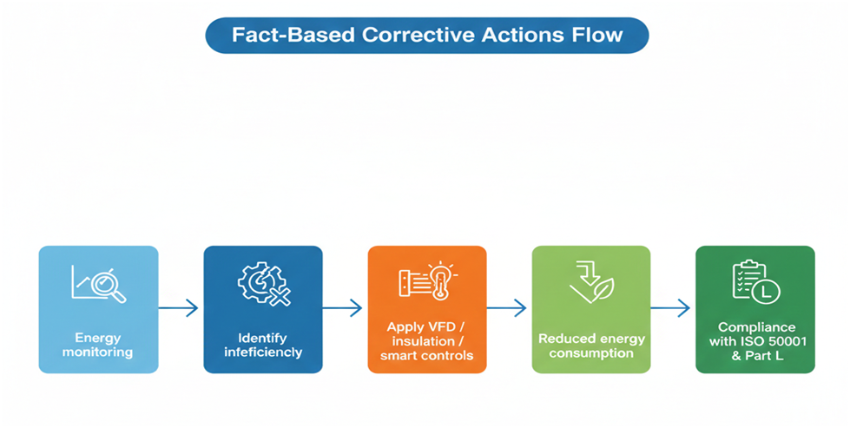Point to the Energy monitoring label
pyautogui.click(x=97, y=346)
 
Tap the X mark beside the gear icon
pyautogui.click(x=280, y=296)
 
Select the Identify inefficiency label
pyautogui.click(x=263, y=346)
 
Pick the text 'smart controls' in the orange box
pyautogui.click(x=426, y=356)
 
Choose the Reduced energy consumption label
pyautogui.click(x=591, y=346)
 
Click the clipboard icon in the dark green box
pyautogui.click(x=749, y=279)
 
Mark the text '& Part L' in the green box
pyautogui.click(x=757, y=356)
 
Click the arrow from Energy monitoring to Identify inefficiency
pyautogui.click(x=178, y=308)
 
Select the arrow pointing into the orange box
pyautogui.click(x=343, y=308)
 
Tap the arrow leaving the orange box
pyautogui.click(x=507, y=308)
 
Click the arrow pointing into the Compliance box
pyautogui.click(x=670, y=308)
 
